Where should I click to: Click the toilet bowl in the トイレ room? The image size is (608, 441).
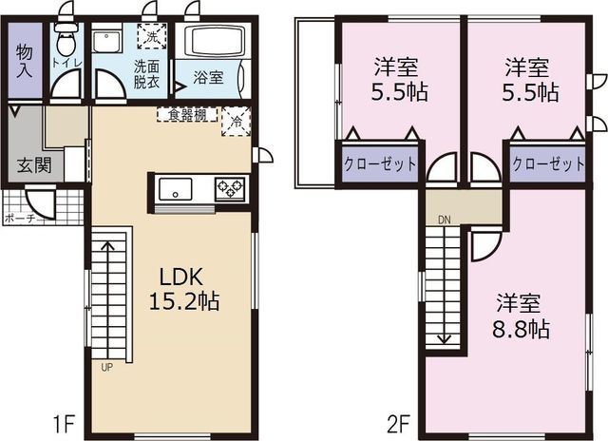[65, 42]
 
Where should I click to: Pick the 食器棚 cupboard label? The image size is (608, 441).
[187, 115]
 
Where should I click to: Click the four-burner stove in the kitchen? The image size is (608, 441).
[230, 187]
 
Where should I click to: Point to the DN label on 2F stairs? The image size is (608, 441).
[443, 220]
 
